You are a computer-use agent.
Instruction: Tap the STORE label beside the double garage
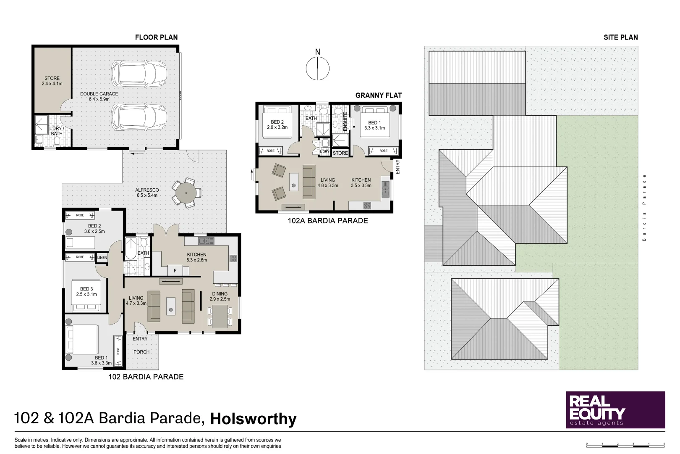coord(52,78)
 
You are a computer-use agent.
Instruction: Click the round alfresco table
coord(186,193)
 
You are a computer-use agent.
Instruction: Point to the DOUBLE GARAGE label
coord(99,94)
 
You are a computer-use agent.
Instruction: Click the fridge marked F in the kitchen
coord(175,270)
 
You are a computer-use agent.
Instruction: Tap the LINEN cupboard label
coord(102,258)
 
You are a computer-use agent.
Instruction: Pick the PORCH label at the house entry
coord(141,352)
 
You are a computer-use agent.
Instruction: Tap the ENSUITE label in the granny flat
coord(345,121)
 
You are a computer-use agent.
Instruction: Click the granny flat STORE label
coord(340,153)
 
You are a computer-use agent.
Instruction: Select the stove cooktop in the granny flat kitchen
coord(367,206)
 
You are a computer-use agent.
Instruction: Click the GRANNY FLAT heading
coord(378,95)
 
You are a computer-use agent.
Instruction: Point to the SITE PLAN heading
coord(620,37)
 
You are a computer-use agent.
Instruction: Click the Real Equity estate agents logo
coord(615,410)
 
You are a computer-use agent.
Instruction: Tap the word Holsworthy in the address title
coord(253,419)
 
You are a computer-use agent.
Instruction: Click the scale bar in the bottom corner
coord(625,444)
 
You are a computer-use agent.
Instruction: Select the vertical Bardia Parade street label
coord(644,207)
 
